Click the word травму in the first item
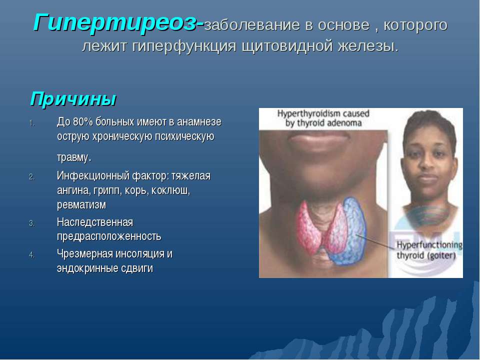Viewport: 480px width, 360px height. point(73,158)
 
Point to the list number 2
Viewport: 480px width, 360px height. point(31,177)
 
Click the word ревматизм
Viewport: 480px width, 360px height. point(81,205)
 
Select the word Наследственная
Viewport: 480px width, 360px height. point(94,222)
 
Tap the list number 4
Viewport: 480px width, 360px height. point(31,254)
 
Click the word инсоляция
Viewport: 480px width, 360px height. point(136,254)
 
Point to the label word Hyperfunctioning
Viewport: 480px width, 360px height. point(429,245)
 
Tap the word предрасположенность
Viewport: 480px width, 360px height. point(108,236)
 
